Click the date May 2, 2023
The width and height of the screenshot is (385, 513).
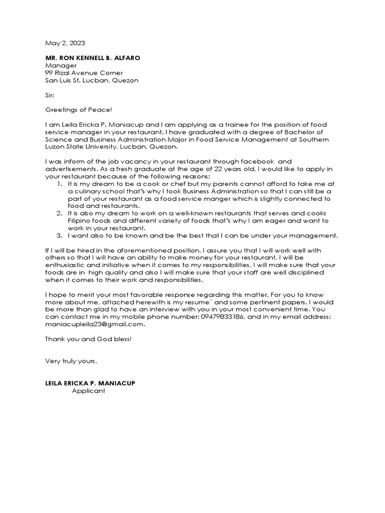click(63, 44)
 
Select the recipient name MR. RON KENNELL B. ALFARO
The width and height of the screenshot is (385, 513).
click(93, 58)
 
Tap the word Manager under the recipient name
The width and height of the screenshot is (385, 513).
click(61, 66)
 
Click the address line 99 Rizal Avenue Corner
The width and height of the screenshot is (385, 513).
click(84, 73)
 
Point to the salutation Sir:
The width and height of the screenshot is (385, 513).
click(50, 95)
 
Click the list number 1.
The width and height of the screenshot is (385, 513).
click(60, 184)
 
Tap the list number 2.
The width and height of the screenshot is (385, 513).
click(60, 213)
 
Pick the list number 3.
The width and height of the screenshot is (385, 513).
click(60, 235)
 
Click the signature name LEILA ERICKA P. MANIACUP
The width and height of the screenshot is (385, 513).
click(90, 383)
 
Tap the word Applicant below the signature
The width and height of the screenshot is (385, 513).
click(89, 391)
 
